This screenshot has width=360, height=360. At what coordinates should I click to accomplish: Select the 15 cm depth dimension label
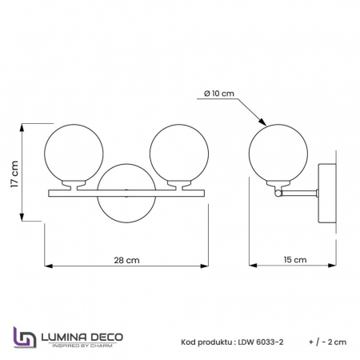pos(295,260)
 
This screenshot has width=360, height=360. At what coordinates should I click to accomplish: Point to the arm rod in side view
pos(300,192)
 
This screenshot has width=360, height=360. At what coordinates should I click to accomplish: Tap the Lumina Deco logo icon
pos(26,338)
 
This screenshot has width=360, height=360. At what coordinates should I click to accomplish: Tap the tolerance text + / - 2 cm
pos(326,341)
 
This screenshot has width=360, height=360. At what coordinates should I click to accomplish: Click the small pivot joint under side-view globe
pos(278,193)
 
